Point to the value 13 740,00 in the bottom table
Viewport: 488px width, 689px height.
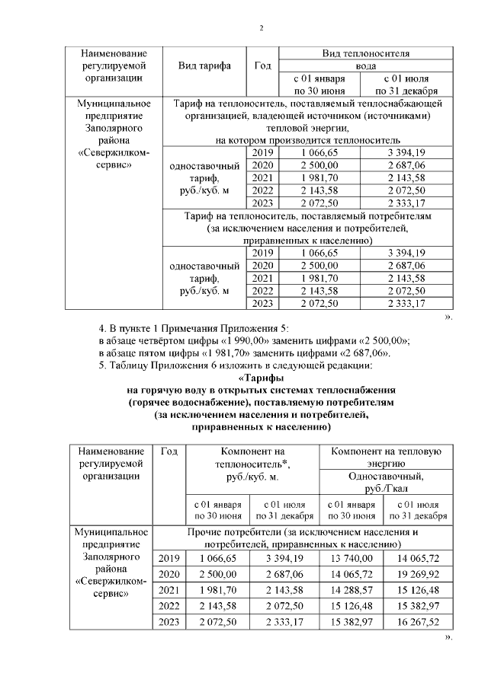pos(353,559)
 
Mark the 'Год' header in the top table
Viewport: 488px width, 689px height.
pos(262,65)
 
